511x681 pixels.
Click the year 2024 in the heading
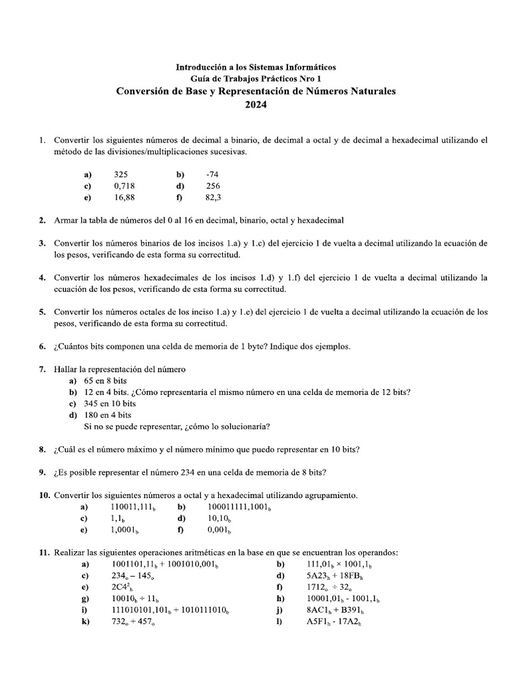(x=255, y=105)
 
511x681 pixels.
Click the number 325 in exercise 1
(x=120, y=174)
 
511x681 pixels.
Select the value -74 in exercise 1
(x=213, y=174)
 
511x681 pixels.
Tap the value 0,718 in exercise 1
(x=124, y=186)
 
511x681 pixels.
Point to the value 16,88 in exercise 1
(x=124, y=198)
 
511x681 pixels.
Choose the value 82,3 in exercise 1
(x=213, y=198)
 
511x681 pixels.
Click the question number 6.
(x=42, y=346)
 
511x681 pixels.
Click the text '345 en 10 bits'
(x=110, y=404)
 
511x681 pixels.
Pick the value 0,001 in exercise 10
(x=219, y=530)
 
